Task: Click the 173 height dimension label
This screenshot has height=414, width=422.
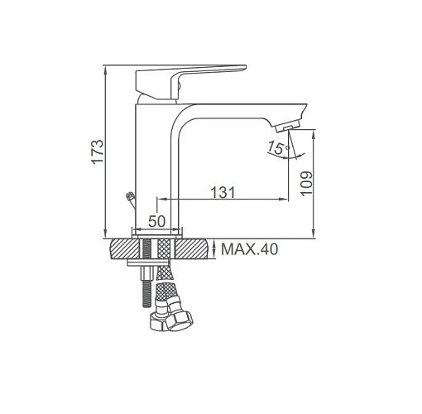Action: click(98, 152)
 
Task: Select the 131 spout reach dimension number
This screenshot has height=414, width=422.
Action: click(223, 192)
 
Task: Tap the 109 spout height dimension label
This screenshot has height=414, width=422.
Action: click(306, 184)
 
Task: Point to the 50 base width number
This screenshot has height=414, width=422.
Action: click(157, 221)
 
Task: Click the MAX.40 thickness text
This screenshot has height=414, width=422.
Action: click(249, 249)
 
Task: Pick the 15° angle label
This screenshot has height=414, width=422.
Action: click(279, 147)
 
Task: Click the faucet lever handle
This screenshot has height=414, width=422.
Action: click(190, 82)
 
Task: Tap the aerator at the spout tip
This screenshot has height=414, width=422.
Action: click(287, 126)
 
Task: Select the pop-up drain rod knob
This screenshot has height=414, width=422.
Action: click(130, 196)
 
